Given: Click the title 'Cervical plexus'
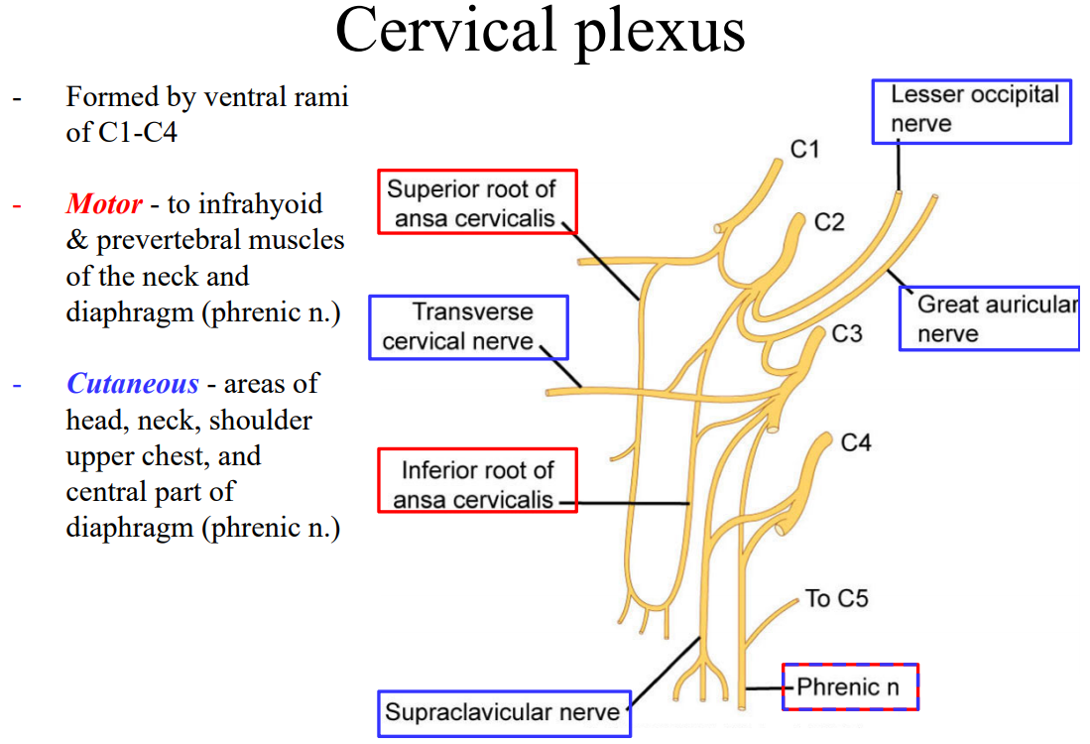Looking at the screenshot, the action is (x=541, y=32).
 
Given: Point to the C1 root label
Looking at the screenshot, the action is (x=805, y=149).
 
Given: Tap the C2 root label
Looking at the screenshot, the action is (x=829, y=222).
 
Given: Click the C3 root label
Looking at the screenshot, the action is (x=847, y=333).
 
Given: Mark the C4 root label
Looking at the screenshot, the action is (x=856, y=442).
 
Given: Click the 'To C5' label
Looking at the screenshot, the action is (x=837, y=598).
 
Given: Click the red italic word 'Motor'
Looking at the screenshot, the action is (x=104, y=203).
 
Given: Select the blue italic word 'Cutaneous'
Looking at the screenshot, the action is (x=133, y=383).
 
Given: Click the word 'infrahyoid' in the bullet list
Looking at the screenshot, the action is (x=261, y=204).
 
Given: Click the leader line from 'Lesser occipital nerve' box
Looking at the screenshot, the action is (x=899, y=167).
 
